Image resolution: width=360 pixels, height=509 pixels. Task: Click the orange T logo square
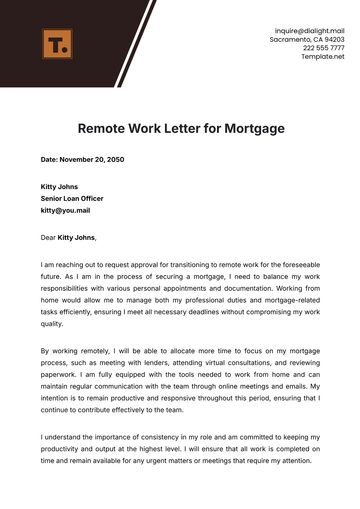click(57, 44)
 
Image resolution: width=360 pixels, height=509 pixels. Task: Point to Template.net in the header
click(323, 57)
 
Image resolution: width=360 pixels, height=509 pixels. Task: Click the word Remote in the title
click(103, 129)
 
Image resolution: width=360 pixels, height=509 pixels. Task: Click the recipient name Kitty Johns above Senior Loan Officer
click(59, 187)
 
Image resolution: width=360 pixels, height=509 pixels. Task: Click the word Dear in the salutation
click(49, 237)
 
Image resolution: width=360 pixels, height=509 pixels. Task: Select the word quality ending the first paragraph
click(52, 324)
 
